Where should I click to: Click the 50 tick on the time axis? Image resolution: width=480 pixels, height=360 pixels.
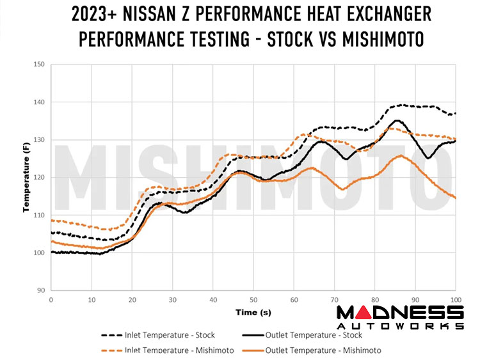[x=253, y=300]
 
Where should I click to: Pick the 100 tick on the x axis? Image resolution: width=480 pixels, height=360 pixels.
[x=455, y=300]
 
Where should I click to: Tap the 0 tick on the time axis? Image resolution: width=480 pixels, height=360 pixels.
[x=51, y=300]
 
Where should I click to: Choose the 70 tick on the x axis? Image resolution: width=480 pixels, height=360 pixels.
[x=334, y=300]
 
